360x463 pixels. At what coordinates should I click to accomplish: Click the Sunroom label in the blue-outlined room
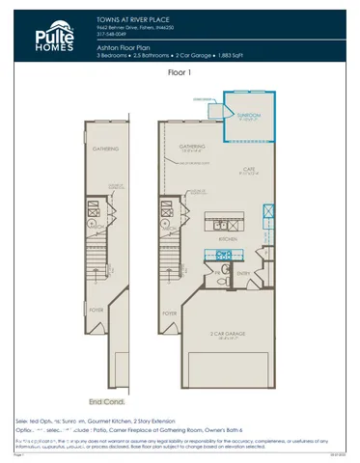[x=248, y=114]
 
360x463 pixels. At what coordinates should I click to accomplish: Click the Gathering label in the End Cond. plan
[x=105, y=150]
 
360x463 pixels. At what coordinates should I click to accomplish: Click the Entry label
[x=243, y=273]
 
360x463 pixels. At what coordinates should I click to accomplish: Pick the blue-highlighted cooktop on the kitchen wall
[x=224, y=256]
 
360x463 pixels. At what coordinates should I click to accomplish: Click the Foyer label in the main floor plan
[x=170, y=313]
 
